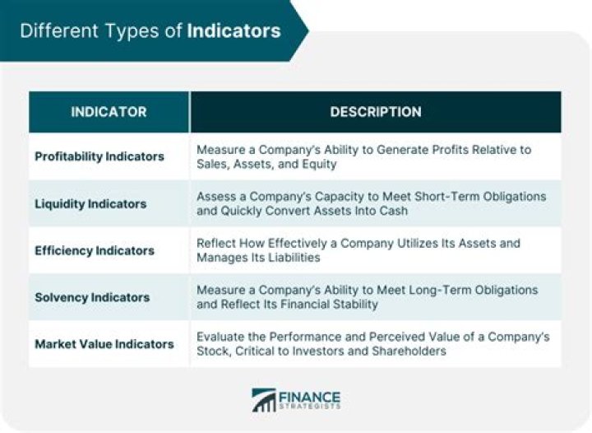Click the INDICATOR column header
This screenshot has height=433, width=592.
109,112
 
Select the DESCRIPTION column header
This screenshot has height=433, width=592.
376,112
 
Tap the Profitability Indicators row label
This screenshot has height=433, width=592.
99,156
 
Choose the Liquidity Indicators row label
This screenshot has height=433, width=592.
90,203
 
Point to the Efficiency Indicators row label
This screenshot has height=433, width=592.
95,250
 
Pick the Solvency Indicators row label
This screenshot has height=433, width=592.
92,297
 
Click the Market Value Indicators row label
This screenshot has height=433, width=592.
104,344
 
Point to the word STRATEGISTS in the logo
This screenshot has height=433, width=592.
310,407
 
